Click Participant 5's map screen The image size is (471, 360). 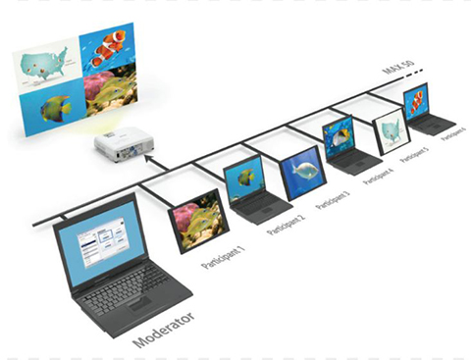click(x=391, y=131)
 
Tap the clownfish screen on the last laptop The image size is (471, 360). click(x=416, y=101)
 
